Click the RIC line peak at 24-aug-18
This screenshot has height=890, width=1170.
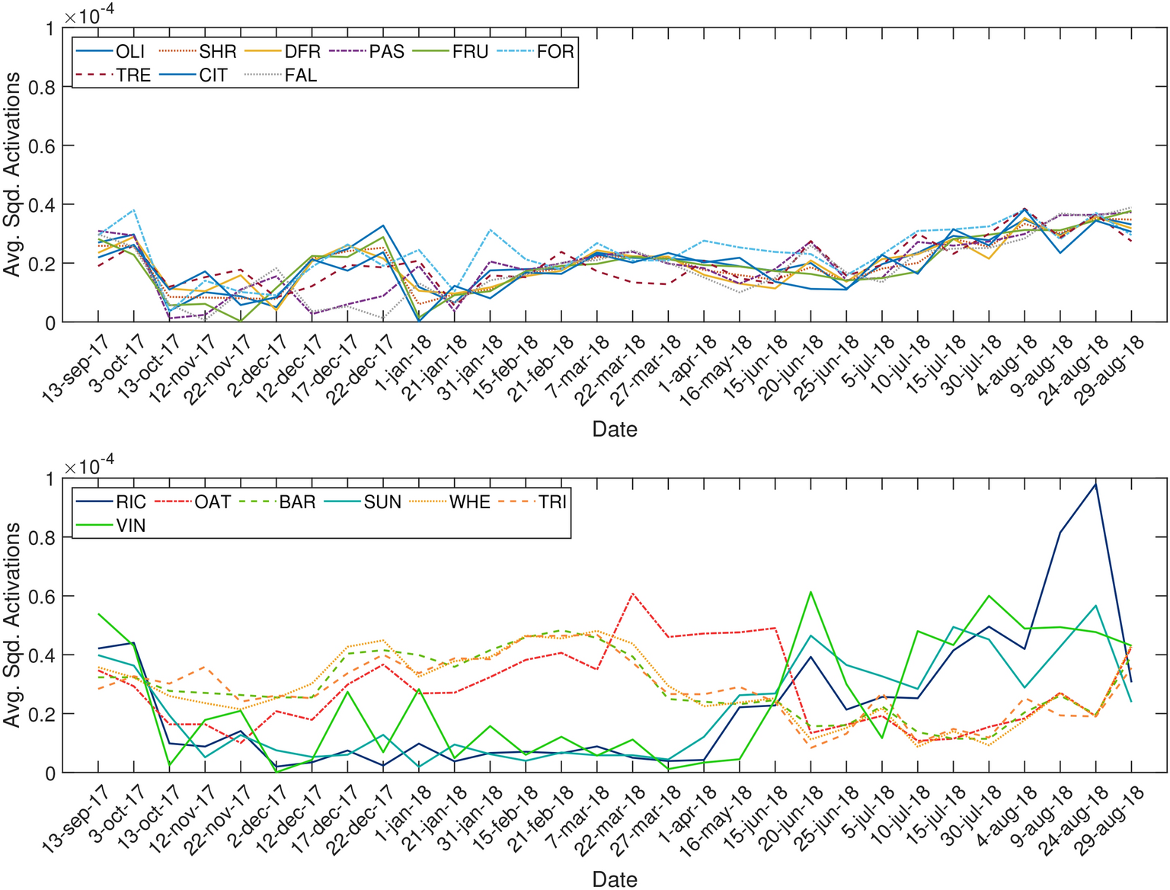[x=1095, y=484]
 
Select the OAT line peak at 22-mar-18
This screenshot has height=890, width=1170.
[x=632, y=593]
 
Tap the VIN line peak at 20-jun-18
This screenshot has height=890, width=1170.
[x=810, y=592]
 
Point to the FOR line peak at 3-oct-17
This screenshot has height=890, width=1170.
[x=134, y=210]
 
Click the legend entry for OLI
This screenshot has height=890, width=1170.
[x=129, y=53]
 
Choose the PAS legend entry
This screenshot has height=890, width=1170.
[x=386, y=53]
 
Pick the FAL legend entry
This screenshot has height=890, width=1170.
[x=300, y=76]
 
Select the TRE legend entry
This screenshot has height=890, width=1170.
[x=133, y=76]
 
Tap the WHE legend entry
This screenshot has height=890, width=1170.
[x=469, y=503]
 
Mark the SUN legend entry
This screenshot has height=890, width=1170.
[x=382, y=503]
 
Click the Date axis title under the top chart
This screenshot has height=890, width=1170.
[x=614, y=430]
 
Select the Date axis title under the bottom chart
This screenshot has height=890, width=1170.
[x=614, y=879]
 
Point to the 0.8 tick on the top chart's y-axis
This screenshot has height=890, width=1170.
[x=41, y=88]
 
